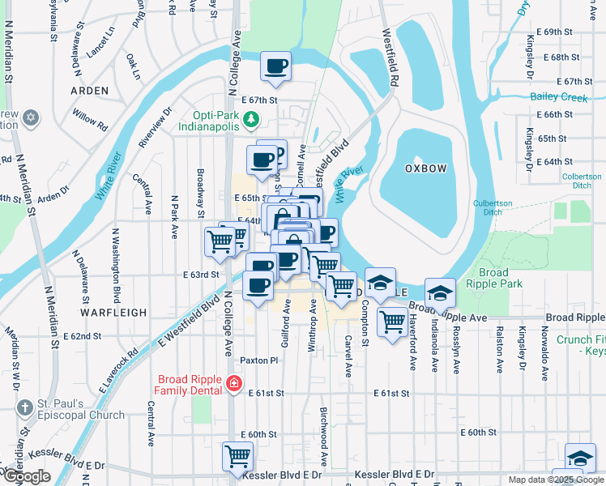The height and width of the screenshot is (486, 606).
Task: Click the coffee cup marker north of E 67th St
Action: click(x=275, y=66)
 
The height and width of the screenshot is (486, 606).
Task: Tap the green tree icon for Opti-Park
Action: click(x=251, y=122)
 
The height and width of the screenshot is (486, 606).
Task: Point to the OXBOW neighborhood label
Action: click(x=425, y=168)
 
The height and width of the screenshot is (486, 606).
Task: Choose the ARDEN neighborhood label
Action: click(x=89, y=92)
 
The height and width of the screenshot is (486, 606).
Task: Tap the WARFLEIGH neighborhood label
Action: click(x=113, y=312)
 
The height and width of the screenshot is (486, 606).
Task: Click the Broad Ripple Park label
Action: click(x=504, y=279)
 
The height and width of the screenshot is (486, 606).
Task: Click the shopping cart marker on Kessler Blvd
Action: click(x=237, y=457)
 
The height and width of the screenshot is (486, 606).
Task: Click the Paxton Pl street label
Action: click(x=258, y=360)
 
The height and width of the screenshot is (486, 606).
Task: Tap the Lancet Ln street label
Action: click(x=101, y=40)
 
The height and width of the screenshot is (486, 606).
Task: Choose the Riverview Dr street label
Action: click(x=155, y=128)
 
